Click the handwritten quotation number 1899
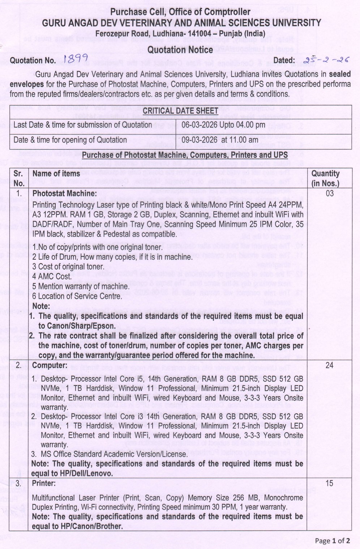(x=75, y=59)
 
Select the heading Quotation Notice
(x=180, y=50)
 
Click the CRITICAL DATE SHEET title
(x=180, y=111)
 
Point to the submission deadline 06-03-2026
(x=200, y=125)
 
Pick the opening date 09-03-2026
(x=200, y=140)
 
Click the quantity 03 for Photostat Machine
(x=329, y=193)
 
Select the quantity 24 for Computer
(x=329, y=365)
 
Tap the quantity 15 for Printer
(x=329, y=483)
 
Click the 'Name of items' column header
(x=56, y=174)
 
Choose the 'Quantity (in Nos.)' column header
(x=325, y=178)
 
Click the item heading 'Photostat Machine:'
(x=64, y=193)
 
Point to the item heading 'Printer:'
(x=44, y=483)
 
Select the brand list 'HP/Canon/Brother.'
(x=77, y=526)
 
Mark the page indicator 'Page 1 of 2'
(x=332, y=541)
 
